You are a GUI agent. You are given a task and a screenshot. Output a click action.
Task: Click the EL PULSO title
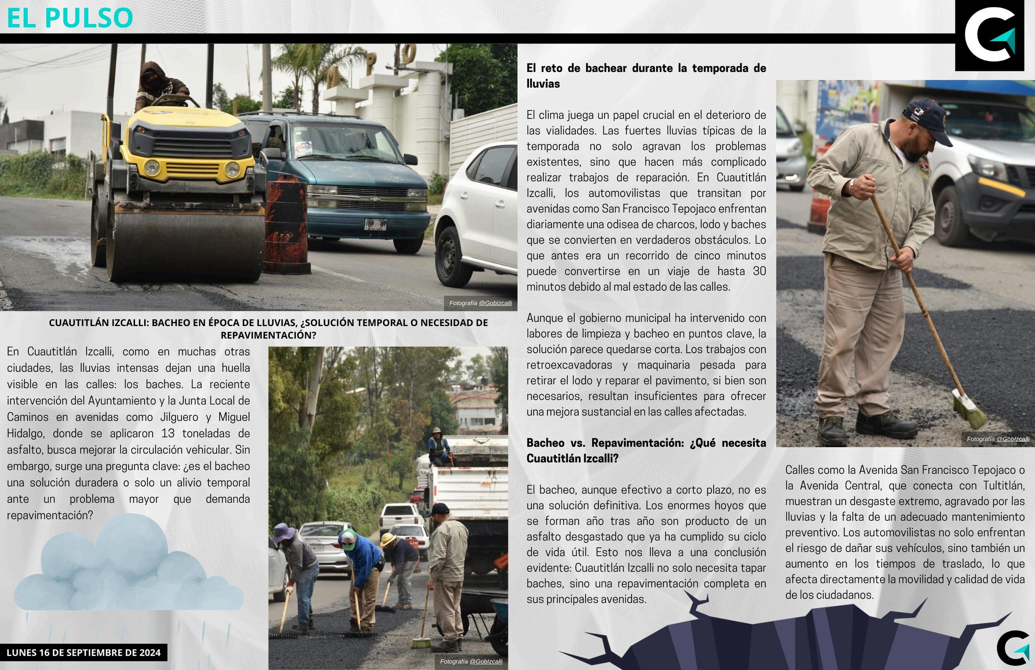click(x=70, y=17)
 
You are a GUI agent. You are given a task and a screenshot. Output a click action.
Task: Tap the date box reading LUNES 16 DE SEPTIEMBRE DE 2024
click(x=83, y=652)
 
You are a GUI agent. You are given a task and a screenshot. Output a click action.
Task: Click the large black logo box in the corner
click(x=989, y=36)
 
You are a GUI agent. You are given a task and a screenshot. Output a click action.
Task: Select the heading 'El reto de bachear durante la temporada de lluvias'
click(x=646, y=76)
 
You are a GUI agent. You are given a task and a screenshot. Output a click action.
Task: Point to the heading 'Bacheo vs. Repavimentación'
click(x=646, y=450)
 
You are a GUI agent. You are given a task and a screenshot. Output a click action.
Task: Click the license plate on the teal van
click(x=375, y=224)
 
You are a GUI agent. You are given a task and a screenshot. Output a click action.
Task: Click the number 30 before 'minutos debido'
click(x=759, y=271)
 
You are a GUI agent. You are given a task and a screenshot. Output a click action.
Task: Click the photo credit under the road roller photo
click(x=480, y=303)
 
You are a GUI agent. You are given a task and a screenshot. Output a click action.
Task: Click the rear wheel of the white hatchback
click(x=452, y=257)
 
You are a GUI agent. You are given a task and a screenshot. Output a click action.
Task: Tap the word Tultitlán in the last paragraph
click(x=1002, y=486)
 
